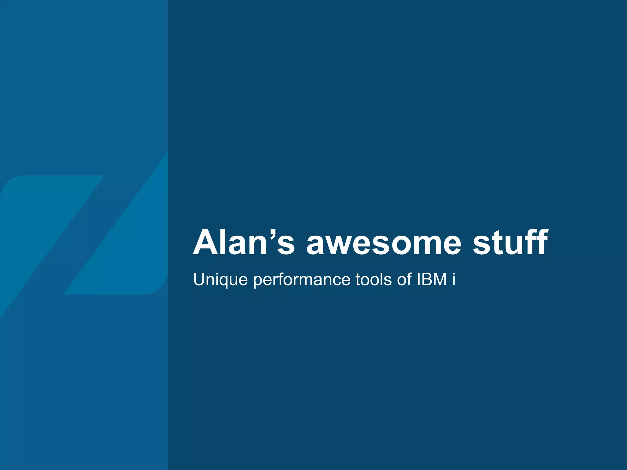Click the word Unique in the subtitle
tap(220, 280)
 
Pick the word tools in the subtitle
tap(373, 279)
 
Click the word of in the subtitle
tap(404, 279)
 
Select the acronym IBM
tap(432, 279)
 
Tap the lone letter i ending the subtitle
tap(453, 279)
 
